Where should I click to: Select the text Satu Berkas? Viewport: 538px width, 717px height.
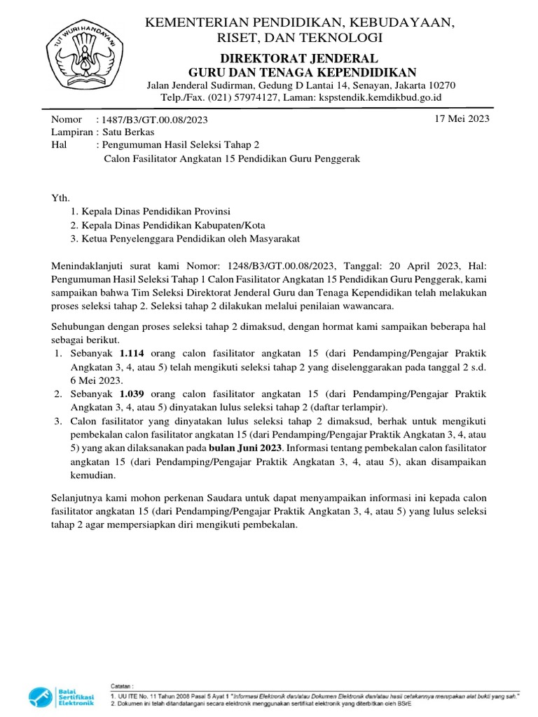point(127,132)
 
